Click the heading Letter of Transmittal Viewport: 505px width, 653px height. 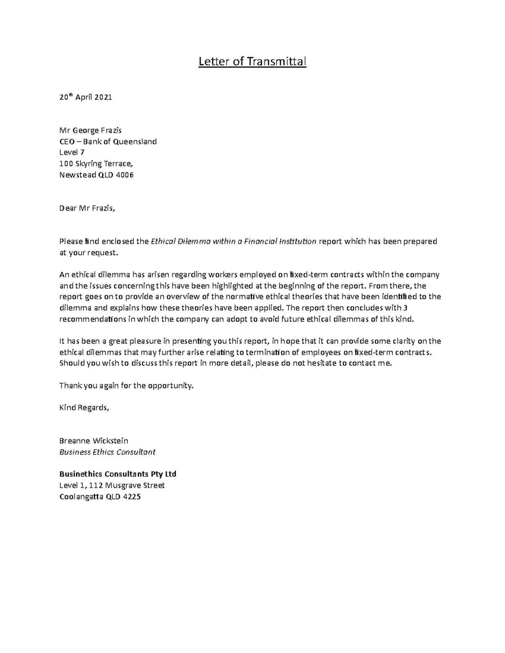(252, 62)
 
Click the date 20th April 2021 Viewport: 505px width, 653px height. (85, 97)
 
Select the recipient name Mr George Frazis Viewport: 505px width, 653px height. (90, 130)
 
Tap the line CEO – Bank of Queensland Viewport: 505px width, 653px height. (108, 141)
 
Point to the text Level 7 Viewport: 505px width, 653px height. (72, 153)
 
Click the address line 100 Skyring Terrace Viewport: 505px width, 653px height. (98, 164)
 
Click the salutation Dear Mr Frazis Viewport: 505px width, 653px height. (87, 208)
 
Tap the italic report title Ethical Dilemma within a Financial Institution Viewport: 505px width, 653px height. (234, 241)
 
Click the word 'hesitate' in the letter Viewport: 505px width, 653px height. (318, 363)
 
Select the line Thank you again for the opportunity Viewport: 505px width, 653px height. (126, 386)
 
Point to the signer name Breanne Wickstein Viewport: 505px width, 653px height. (93, 441)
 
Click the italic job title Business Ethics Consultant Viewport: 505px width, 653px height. (107, 452)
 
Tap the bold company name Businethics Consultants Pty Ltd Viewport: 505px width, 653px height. (118, 474)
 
